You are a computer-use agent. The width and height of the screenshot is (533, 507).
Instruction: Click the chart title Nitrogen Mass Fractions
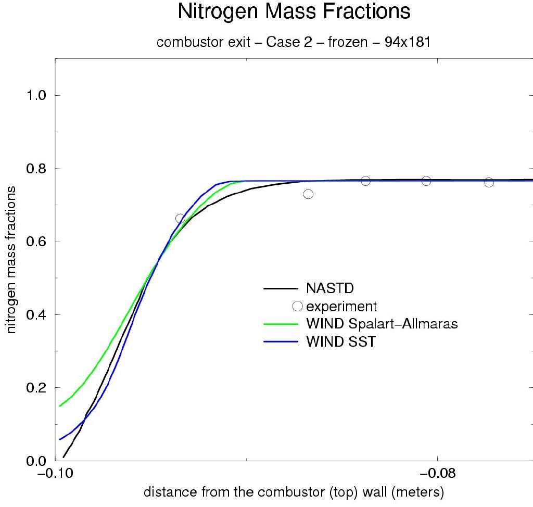point(294,12)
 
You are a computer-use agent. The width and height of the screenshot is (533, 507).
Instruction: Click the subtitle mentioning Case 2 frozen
point(294,42)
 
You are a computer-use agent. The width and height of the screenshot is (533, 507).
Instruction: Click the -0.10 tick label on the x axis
point(55,474)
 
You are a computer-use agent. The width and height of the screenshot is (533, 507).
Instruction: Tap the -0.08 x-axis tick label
point(437,474)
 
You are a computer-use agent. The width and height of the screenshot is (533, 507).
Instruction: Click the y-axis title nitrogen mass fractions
point(11,260)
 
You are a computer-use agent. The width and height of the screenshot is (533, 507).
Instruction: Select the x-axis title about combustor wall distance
point(294,492)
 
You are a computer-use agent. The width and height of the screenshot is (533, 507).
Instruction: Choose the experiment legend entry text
point(341,306)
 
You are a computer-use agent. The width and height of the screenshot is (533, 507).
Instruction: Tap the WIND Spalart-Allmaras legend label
point(382,324)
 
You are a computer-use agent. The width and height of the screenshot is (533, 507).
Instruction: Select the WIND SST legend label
point(340,343)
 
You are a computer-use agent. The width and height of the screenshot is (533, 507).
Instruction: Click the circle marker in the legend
point(298,306)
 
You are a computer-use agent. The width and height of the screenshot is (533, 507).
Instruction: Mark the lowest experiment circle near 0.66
point(180,219)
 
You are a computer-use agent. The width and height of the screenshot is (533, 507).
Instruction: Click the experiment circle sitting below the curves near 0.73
point(308,194)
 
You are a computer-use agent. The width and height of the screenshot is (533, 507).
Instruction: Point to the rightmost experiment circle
point(489,182)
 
